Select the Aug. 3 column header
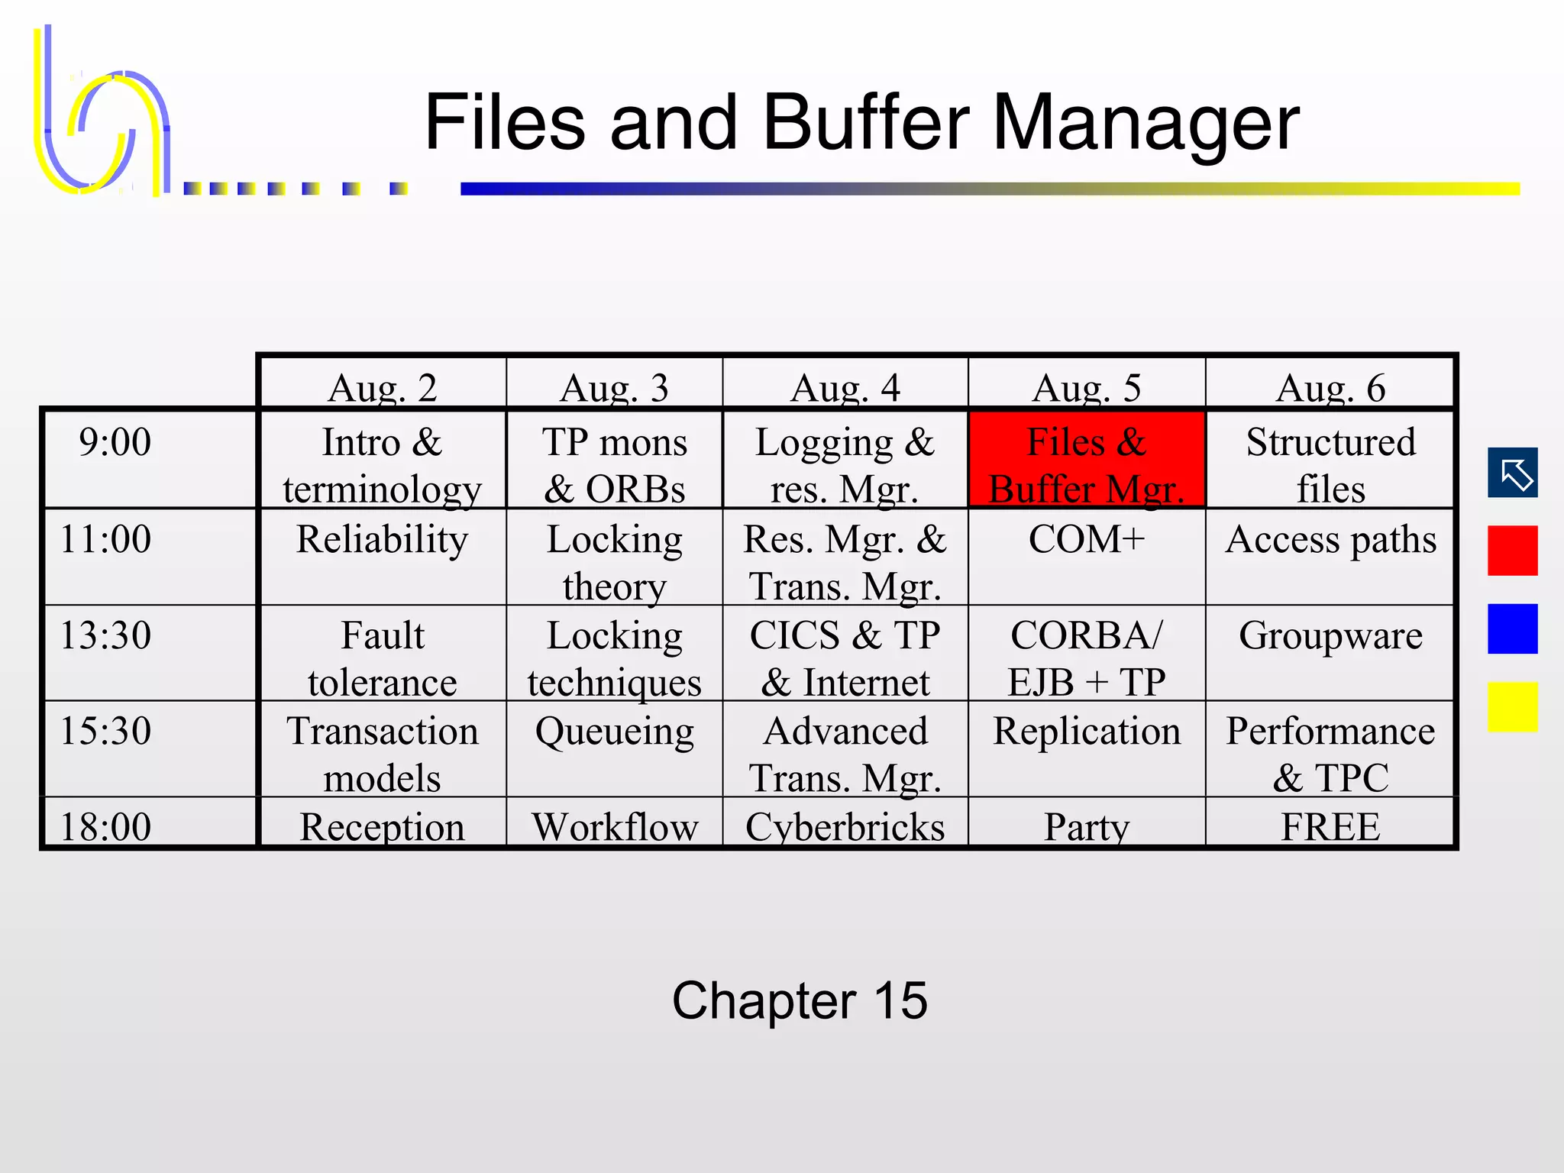coord(614,387)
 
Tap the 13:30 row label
coord(106,635)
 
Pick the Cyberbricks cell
coord(845,826)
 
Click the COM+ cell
coord(1086,539)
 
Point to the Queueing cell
coord(614,732)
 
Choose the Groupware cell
coord(1330,635)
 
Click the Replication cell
coord(1086,732)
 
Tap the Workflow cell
coord(614,826)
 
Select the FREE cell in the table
coord(1330,826)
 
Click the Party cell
coord(1086,826)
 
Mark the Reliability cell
coord(382,539)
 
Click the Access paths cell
coord(1330,539)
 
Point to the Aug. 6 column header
coord(1330,387)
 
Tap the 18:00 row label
coord(106,826)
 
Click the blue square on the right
coord(1512,629)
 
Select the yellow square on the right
coord(1512,707)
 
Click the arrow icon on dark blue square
coord(1512,473)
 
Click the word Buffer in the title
coord(866,122)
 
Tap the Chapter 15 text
coord(800,1000)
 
